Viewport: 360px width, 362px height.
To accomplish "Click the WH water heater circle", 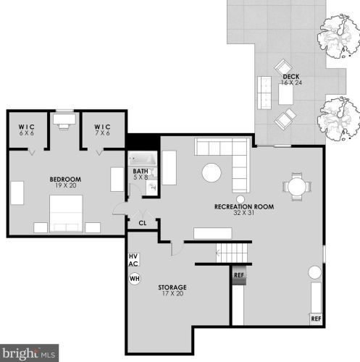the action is (135, 279).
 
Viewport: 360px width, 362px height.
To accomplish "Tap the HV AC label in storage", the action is (133, 260).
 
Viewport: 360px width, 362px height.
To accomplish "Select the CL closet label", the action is (143, 223).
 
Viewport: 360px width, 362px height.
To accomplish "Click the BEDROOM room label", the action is (65, 180).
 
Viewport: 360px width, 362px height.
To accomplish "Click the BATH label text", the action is (141, 172).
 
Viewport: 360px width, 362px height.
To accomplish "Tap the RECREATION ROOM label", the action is (244, 207).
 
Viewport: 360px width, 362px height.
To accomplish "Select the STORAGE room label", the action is (172, 287).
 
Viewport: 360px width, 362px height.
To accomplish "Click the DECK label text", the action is (291, 77).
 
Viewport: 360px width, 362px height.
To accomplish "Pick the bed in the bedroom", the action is (66, 214).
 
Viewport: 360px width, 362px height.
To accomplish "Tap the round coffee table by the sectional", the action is (212, 173).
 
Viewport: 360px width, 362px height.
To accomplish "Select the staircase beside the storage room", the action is (232, 253).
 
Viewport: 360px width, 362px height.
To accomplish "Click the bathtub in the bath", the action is (142, 159).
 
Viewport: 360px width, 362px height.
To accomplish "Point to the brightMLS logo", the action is (29, 353).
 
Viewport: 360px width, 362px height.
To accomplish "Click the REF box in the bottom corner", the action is (316, 319).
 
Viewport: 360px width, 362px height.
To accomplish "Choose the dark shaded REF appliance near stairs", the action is (239, 275).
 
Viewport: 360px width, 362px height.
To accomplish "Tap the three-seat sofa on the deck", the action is (264, 93).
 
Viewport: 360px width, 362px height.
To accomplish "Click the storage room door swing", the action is (177, 248).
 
